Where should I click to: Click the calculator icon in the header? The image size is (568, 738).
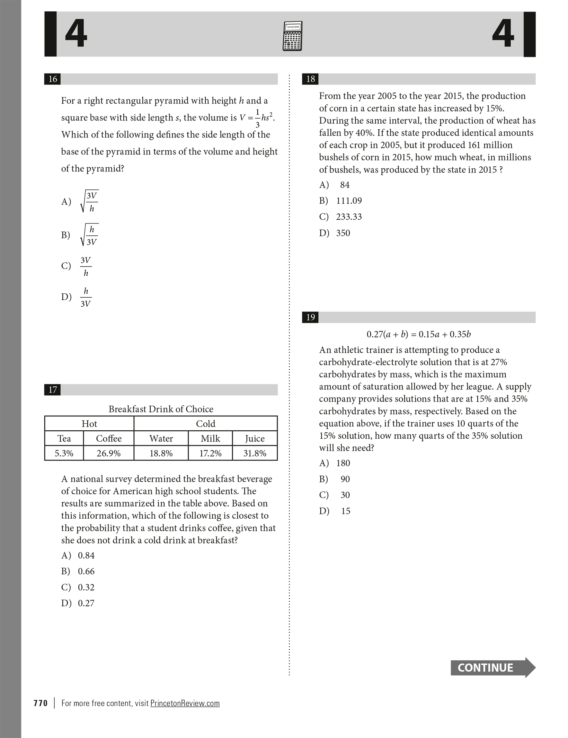[x=292, y=36]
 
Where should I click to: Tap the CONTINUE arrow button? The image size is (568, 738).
[x=492, y=667]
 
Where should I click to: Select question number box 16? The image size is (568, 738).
[x=53, y=79]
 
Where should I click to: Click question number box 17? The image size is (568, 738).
[x=53, y=390]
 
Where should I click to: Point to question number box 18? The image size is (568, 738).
[x=310, y=79]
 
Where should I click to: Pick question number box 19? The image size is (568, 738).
[x=310, y=317]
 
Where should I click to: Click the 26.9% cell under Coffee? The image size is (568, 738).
[x=108, y=453]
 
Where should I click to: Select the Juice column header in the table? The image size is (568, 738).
[x=255, y=438]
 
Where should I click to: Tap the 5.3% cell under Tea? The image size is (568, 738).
[x=64, y=453]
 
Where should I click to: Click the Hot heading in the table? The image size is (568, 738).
[x=89, y=424]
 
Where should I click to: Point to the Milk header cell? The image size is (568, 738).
[x=210, y=438]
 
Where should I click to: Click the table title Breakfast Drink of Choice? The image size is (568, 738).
[x=161, y=409]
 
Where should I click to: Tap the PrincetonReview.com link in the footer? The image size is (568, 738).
[x=185, y=703]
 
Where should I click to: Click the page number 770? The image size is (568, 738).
[x=41, y=703]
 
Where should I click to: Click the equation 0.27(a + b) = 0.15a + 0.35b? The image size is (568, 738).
[x=418, y=334]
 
